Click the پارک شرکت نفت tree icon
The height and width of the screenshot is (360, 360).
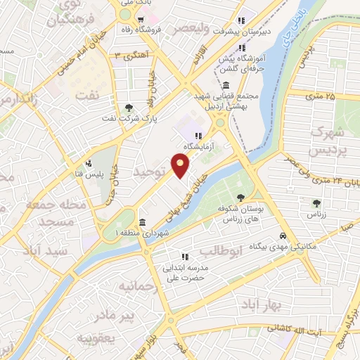click(x=128, y=108)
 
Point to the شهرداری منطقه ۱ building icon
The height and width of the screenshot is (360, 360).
click(x=143, y=223)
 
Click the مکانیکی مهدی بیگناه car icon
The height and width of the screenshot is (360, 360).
click(x=282, y=236)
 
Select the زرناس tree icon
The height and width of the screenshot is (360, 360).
click(x=316, y=203)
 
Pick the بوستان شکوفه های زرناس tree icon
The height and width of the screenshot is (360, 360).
click(x=241, y=198)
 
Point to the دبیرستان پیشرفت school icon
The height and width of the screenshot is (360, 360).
click(x=242, y=20)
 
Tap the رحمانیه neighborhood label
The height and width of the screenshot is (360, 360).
click(x=136, y=287)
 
